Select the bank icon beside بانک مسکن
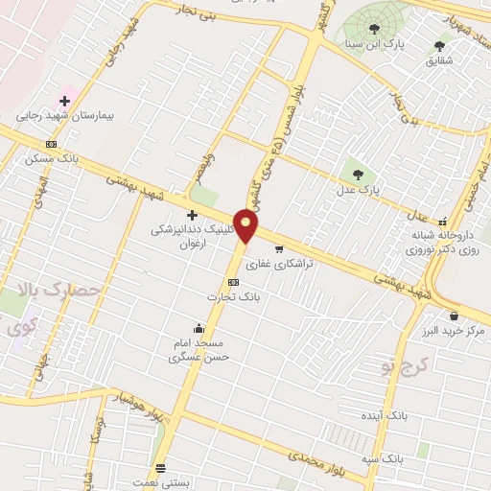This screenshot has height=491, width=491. (x=51, y=144)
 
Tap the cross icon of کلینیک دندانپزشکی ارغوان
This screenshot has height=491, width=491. (x=192, y=215)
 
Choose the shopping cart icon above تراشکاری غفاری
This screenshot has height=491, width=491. (x=279, y=248)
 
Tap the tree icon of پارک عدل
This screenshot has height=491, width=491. (x=359, y=174)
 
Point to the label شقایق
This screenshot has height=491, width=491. (x=439, y=60)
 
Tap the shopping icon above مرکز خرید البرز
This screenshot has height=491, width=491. (x=454, y=316)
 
